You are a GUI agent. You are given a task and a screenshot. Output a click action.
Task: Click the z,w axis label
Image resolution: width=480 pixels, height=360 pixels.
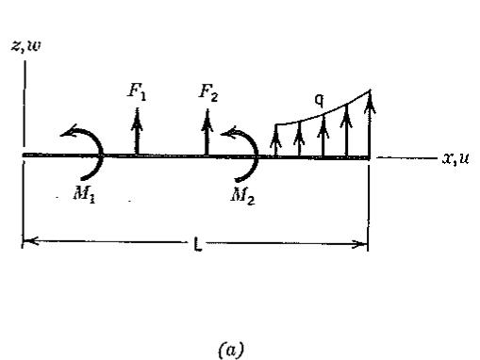26,46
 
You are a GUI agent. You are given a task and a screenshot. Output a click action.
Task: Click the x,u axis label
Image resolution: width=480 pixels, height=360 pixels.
455,158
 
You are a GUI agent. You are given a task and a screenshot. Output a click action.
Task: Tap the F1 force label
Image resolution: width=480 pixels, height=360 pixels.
137,92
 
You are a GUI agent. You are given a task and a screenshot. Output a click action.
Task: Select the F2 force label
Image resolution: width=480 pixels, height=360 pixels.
208,93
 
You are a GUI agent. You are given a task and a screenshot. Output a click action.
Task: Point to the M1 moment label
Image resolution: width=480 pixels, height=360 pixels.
84,195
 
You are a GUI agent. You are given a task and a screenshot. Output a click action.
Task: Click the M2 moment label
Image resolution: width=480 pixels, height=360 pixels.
242,196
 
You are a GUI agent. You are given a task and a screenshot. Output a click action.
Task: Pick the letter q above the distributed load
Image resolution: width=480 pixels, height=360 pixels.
319,101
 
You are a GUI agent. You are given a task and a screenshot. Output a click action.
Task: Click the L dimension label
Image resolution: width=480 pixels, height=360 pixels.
197,244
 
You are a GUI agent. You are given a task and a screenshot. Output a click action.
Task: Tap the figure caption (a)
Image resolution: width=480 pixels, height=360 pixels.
231,349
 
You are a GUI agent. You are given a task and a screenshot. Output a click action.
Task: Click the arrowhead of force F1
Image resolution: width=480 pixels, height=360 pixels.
137,119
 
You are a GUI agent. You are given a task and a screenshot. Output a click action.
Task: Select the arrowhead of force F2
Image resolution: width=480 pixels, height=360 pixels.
207,120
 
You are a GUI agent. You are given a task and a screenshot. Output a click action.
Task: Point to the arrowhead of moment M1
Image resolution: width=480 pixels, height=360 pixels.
68,131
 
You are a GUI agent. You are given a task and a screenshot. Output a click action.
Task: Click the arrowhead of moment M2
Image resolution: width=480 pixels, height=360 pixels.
229,133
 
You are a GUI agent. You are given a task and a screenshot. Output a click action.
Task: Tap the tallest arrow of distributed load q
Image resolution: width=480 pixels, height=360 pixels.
370,123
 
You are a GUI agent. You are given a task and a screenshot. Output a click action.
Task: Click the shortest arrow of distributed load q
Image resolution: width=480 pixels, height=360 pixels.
275,140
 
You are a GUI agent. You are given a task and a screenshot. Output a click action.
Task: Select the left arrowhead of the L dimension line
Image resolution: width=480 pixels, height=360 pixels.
30,241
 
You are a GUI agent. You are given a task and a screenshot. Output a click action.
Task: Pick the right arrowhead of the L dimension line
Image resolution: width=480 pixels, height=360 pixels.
359,244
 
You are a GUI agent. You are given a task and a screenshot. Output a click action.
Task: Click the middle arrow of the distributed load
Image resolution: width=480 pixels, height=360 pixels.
323,136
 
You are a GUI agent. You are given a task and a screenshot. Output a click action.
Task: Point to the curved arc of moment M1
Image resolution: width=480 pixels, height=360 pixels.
101,154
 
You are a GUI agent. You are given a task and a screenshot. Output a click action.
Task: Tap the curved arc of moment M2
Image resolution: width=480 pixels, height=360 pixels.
257,155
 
